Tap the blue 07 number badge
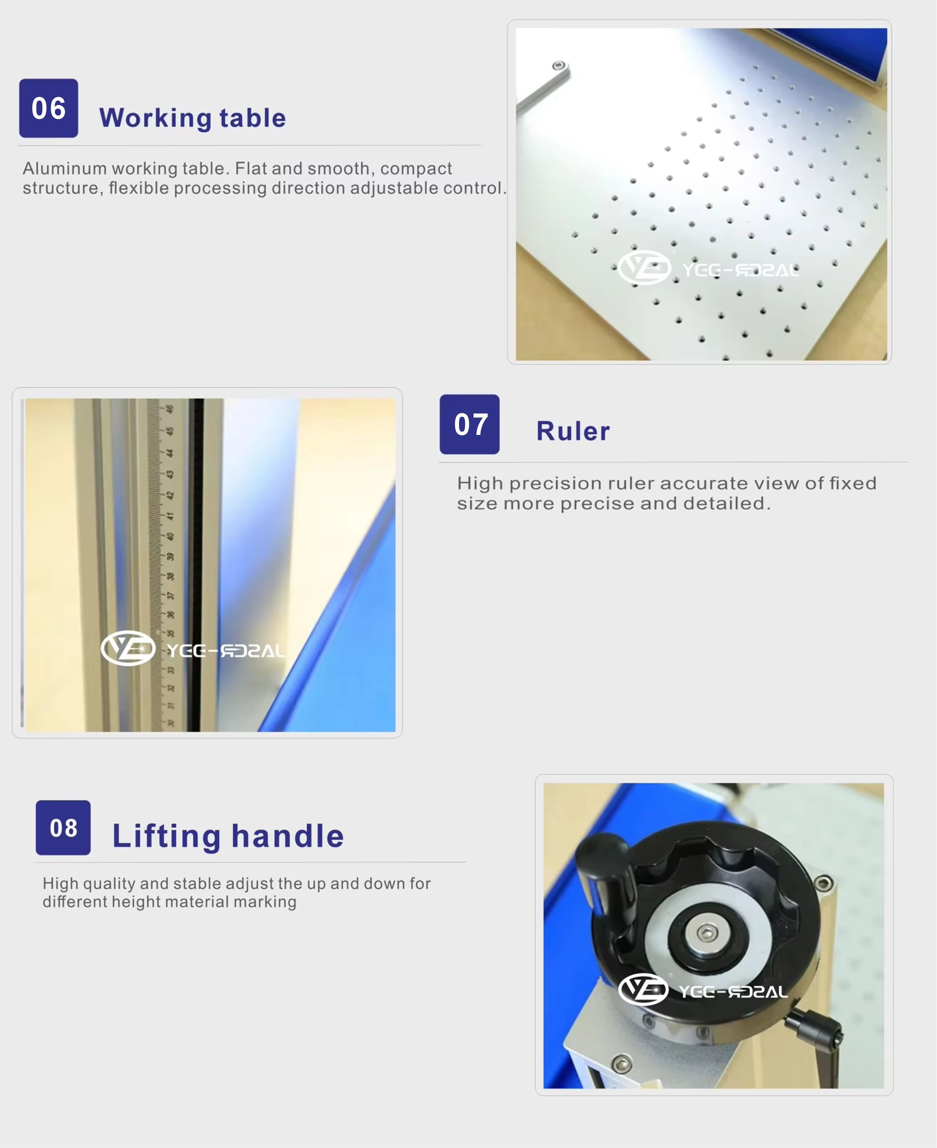coord(469,424)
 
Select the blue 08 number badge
coord(63,827)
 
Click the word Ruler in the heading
coord(573,431)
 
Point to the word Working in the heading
coord(155,118)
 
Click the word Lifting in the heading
coord(166,836)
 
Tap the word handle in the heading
coord(288,836)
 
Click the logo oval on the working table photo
coord(644,267)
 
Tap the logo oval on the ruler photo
coord(128,648)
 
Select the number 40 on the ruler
coord(170,537)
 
